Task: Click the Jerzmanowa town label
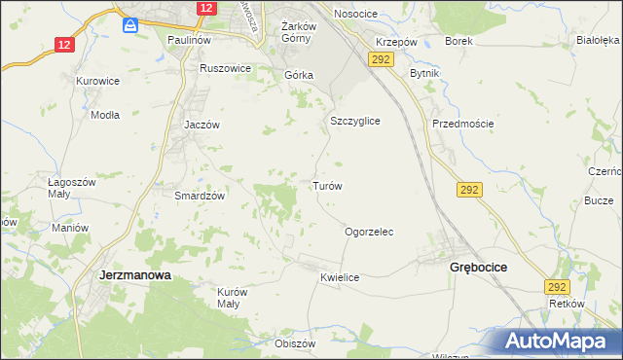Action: coord(135,275)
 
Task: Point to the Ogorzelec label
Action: coord(369,233)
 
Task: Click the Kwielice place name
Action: coord(340,277)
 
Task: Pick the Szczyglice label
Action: coord(354,121)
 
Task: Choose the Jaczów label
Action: coord(202,126)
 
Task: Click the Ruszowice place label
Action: coord(225,69)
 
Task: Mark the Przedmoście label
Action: coord(463,124)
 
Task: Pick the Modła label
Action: coord(104,114)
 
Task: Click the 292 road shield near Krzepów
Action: coord(380,60)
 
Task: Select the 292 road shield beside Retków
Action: coord(556,287)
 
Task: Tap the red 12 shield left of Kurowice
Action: coord(64,45)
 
